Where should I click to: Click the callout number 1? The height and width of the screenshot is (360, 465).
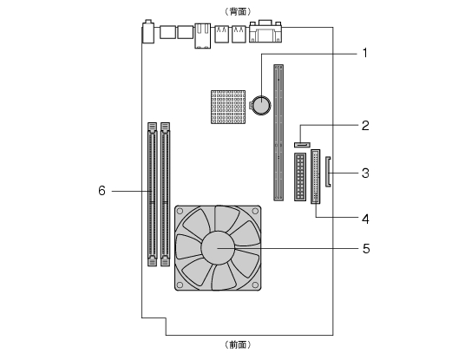365,54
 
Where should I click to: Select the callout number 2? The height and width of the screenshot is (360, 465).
365,126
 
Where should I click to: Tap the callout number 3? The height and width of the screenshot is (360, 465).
365,173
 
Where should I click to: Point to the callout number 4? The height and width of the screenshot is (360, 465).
365,219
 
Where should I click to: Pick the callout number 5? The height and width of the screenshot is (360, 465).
366,248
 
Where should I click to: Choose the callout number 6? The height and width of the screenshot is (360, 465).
102,191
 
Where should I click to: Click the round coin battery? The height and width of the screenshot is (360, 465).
261,105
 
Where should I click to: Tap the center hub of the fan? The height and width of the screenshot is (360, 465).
218,247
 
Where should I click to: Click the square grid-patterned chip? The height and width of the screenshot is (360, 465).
228,107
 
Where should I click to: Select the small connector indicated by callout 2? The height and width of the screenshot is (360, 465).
302,145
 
